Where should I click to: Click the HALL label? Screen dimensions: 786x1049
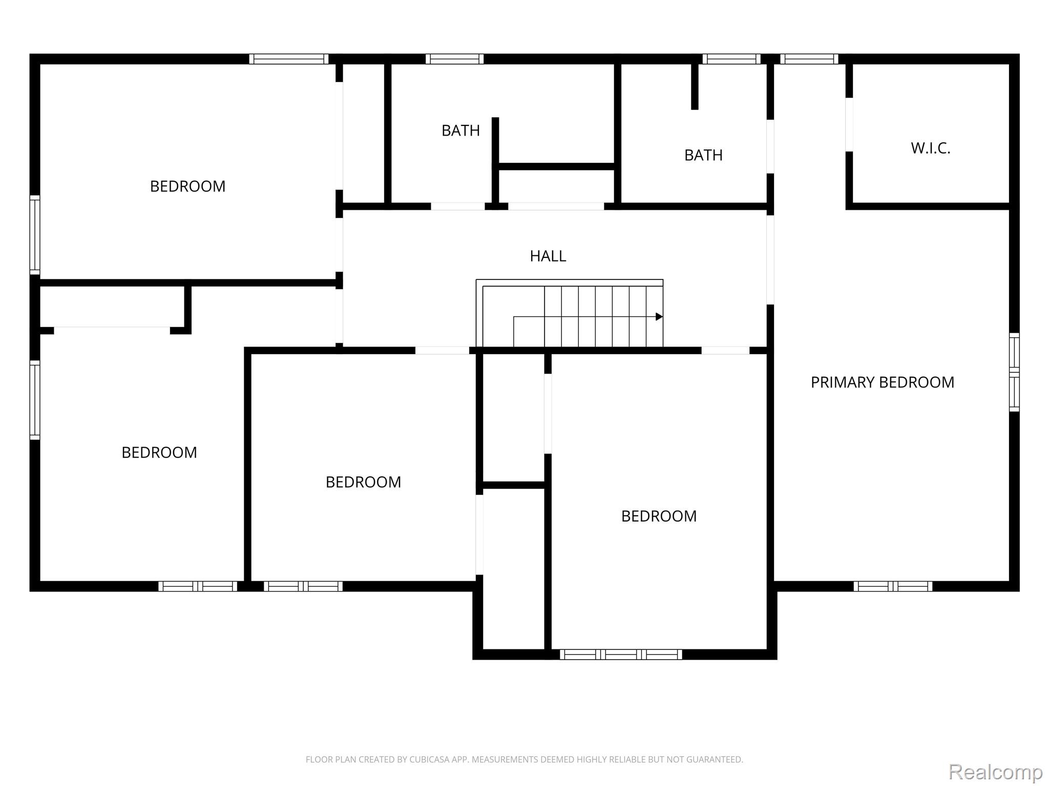click(x=548, y=256)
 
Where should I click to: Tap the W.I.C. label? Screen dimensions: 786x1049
click(x=930, y=148)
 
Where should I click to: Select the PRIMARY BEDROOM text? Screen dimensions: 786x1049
click(x=882, y=382)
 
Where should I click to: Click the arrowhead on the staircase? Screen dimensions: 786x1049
click(x=659, y=317)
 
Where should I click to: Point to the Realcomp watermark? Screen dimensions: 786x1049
click(x=995, y=772)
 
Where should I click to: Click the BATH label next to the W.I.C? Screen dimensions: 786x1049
click(x=703, y=155)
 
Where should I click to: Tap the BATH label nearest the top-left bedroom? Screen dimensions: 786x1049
click(x=460, y=130)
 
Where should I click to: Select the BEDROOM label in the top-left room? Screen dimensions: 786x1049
click(x=187, y=186)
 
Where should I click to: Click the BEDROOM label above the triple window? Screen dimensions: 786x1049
click(x=659, y=516)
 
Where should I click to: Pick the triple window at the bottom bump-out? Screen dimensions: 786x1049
click(x=621, y=654)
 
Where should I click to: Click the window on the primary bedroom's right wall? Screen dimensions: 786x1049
click(x=1014, y=372)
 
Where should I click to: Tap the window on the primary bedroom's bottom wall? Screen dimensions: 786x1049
click(x=893, y=586)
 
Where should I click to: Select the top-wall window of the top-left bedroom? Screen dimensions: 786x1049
click(x=289, y=59)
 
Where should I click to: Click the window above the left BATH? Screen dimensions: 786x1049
click(x=454, y=59)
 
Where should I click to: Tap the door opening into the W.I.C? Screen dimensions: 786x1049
click(x=849, y=124)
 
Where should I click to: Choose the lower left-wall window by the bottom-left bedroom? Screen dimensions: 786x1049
click(x=35, y=400)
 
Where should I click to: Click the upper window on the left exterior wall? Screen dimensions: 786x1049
click(x=35, y=235)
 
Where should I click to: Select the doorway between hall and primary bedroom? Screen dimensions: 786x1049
click(x=770, y=260)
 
